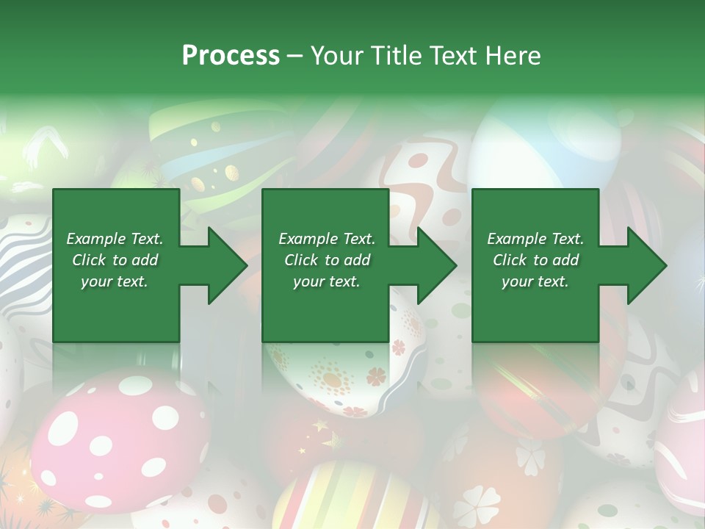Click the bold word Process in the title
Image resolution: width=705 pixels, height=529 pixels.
[231, 56]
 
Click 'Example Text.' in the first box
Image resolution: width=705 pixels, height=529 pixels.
[115, 239]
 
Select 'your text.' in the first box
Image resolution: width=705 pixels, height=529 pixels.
[115, 281]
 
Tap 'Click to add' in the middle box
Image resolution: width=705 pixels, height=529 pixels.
[327, 260]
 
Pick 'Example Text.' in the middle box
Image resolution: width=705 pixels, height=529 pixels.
[327, 239]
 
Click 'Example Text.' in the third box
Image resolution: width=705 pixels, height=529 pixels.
[535, 239]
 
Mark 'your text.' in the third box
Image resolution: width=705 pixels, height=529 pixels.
[535, 281]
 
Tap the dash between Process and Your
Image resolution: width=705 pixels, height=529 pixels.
[295, 56]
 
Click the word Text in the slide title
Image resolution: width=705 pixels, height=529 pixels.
[451, 56]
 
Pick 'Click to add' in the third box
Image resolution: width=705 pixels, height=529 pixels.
[535, 260]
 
